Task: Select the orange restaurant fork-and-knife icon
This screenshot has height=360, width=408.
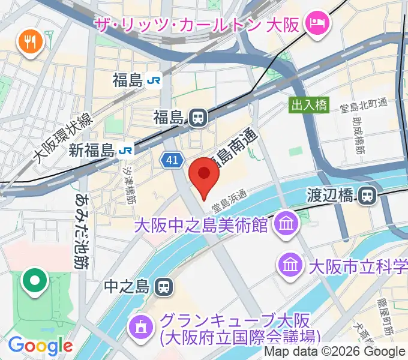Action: [x=28, y=41]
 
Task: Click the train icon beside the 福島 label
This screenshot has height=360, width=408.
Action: [x=197, y=118]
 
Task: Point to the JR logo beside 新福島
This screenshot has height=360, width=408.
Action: [x=127, y=150]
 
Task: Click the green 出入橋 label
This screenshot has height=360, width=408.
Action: [x=309, y=105]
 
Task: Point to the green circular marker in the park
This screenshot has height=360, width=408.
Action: [x=35, y=280]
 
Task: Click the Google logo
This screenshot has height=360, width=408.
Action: [x=40, y=346]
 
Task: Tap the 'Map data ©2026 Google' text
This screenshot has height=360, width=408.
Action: [x=334, y=352]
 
